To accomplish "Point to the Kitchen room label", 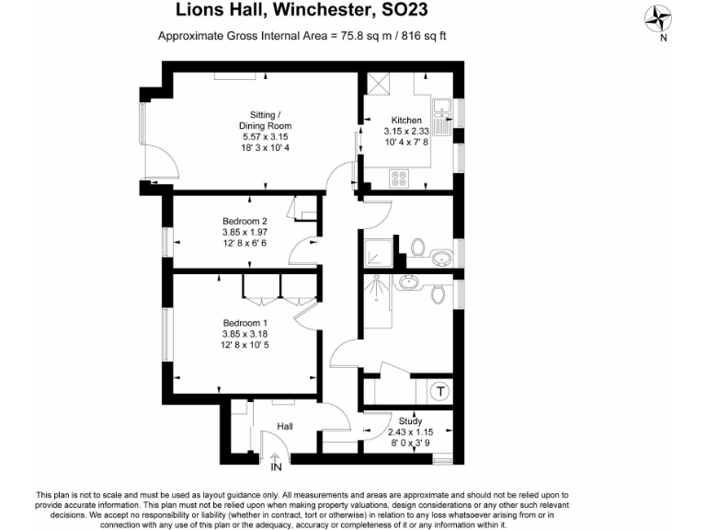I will (x=406, y=121).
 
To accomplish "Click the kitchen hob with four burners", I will (x=401, y=179).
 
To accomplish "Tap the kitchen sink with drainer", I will (x=442, y=117).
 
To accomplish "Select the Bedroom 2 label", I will (x=245, y=221).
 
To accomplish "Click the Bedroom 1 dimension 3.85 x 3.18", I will (x=245, y=333).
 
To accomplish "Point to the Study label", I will (x=410, y=421).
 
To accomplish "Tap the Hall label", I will (x=285, y=425).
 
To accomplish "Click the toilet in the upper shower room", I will (x=418, y=248).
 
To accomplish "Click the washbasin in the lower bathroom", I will (x=406, y=282).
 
